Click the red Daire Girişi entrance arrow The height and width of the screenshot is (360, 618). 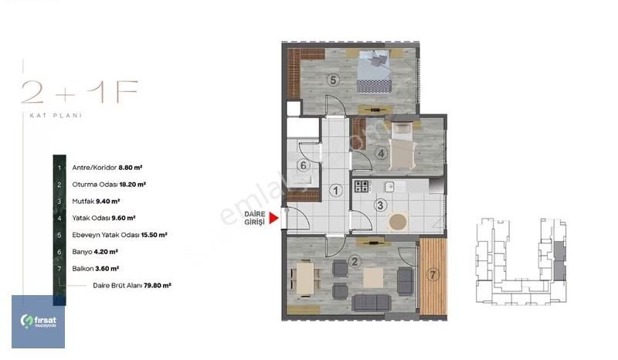point(274,218)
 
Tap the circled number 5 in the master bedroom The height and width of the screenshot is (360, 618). point(333,80)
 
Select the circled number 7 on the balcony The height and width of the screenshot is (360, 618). point(433,274)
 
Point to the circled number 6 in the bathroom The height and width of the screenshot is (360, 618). point(303,165)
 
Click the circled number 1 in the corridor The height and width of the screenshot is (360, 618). point(336,191)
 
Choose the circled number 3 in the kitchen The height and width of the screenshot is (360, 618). point(380,205)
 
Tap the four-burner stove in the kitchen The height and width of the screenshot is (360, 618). point(362,186)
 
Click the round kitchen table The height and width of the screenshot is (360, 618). point(398,222)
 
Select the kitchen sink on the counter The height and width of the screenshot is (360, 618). point(389,186)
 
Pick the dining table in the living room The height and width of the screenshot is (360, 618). point(305,279)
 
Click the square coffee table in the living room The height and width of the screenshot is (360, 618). point(373,278)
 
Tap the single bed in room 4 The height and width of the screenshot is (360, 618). point(402,146)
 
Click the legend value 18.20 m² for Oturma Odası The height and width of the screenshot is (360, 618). point(132,184)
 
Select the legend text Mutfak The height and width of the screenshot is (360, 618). point(83,201)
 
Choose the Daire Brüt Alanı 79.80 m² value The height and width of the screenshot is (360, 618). point(158,285)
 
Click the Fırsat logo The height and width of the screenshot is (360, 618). point(38,321)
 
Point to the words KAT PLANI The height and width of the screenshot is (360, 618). point(56,116)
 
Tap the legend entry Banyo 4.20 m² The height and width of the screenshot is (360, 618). point(95,252)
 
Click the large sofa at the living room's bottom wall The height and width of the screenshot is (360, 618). point(372,303)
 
